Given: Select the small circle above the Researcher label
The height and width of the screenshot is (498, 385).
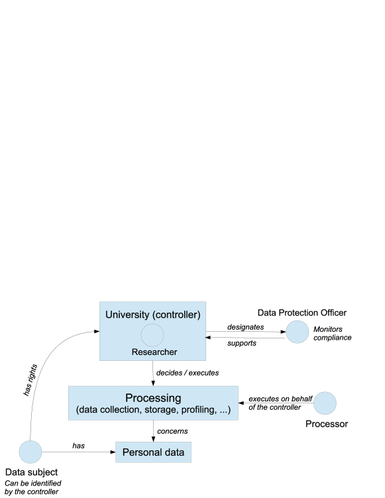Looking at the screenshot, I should (x=152, y=334).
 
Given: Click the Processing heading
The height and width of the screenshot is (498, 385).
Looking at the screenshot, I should (x=153, y=398).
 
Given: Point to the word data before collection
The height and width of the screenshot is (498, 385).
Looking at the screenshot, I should (x=90, y=411).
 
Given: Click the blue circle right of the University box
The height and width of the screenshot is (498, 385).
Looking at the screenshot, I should (x=297, y=332).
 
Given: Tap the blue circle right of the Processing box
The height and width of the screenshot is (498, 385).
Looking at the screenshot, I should (x=325, y=403).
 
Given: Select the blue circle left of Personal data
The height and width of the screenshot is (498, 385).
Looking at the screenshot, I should (x=30, y=452).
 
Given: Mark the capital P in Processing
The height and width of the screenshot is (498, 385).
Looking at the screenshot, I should (x=129, y=398).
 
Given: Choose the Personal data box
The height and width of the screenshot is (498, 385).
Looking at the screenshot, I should (x=154, y=453).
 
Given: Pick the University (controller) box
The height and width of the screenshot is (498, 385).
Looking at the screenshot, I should (x=152, y=331).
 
